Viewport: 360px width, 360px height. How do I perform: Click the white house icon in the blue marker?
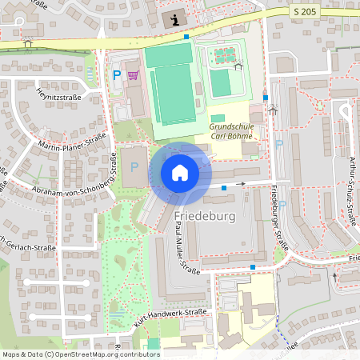[x=180, y=172]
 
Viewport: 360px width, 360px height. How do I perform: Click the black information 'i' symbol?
[x=174, y=18]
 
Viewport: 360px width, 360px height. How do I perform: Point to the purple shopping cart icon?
[x=133, y=75]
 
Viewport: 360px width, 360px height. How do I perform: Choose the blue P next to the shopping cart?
[x=117, y=75]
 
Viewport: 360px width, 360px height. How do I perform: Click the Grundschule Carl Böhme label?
[x=233, y=130]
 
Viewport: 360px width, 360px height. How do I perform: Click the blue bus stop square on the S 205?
[x=186, y=36]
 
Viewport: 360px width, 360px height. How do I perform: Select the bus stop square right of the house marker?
[x=224, y=187]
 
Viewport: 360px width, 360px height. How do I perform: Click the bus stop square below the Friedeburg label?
[x=253, y=266]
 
